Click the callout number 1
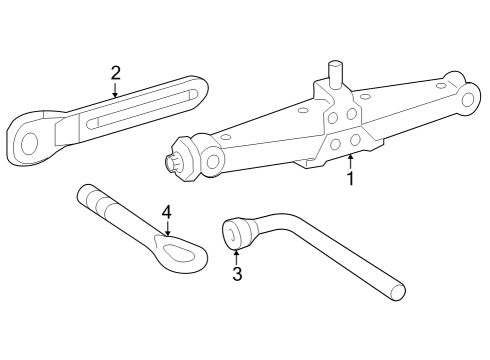point(350,178)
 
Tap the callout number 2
point(115,73)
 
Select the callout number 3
point(237,274)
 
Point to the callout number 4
point(167,212)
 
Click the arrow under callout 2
point(115,89)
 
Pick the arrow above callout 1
point(350,162)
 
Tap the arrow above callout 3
point(236,257)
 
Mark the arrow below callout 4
point(167,228)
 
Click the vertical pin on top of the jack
point(335,74)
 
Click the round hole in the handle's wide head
point(29,144)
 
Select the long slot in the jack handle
point(142,109)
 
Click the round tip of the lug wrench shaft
point(398,293)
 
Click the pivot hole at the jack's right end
point(468,99)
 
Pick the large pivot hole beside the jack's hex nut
point(212,161)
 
